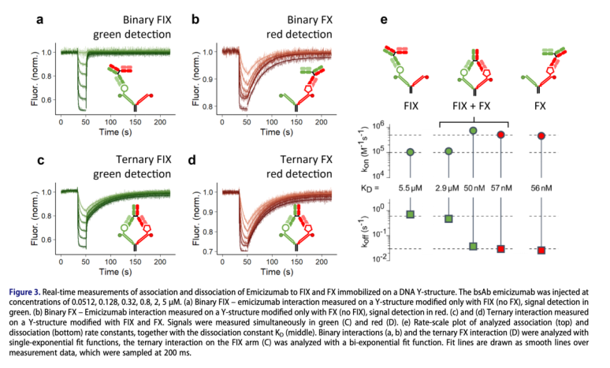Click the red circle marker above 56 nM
coord(541,136)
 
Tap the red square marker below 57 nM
coord(500,249)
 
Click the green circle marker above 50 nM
coord(474,130)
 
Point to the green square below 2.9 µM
coord(448,218)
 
